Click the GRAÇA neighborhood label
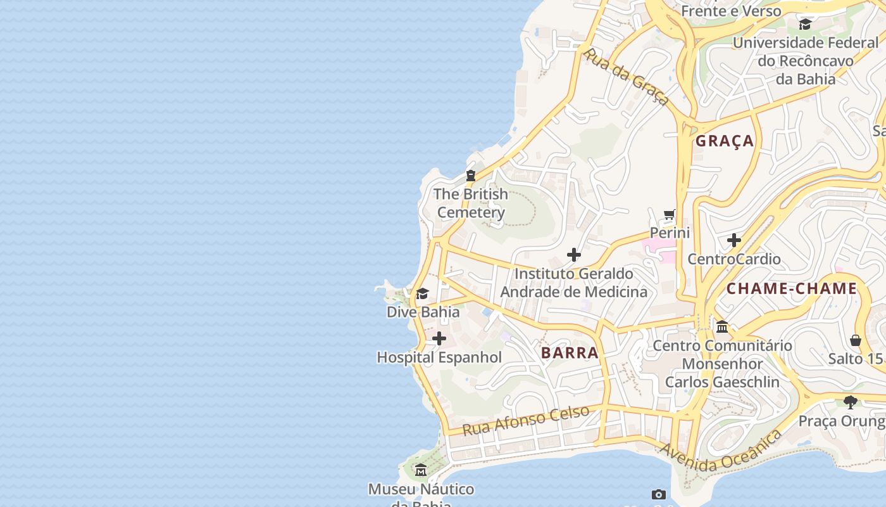pos(725,141)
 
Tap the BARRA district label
pos(570,353)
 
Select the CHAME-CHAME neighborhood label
pos(791,289)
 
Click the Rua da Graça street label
pos(626,77)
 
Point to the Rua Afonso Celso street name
pos(526,420)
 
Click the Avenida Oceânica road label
pos(720,451)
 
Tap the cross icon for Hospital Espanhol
pos(439,339)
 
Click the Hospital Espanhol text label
pos(439,357)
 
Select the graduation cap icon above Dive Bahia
pos(422,294)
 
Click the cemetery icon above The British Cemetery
pos(471,176)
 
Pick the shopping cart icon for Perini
pos(670,215)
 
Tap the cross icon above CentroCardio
pos(734,241)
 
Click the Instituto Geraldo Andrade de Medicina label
pos(573,283)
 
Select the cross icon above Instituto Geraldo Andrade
pos(574,255)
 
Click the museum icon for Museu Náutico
pos(421,470)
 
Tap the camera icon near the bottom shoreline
pos(659,494)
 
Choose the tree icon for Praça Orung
pos(851,402)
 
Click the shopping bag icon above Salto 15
pos(856,340)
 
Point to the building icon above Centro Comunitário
pos(722,327)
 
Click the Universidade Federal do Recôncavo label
pos(806,61)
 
